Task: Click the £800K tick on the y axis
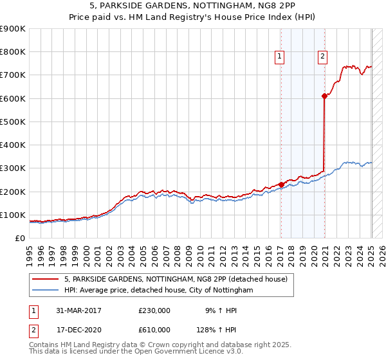pos(13,52)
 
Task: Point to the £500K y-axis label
pos(13,122)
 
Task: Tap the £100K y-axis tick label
pos(13,215)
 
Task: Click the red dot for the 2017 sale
pos(281,184)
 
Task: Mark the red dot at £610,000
pos(324,96)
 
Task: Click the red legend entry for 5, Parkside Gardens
pos(179,278)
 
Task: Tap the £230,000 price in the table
pos(154,310)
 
